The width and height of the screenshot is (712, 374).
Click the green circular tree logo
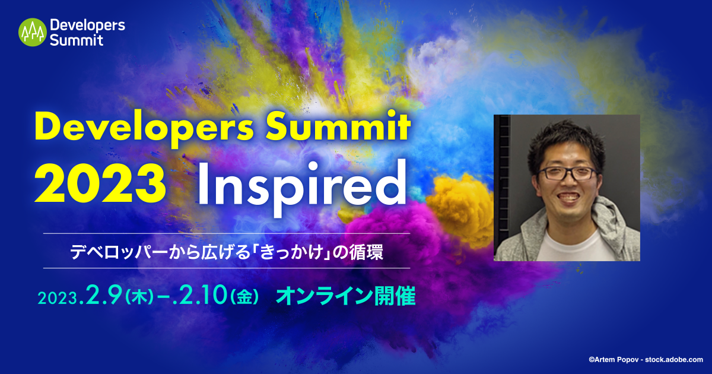pyautogui.click(x=33, y=32)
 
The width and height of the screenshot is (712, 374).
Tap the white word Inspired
pyautogui.click(x=302, y=188)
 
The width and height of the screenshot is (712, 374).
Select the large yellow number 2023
pyautogui.click(x=100, y=183)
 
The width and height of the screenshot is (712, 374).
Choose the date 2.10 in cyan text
pyautogui.click(x=199, y=295)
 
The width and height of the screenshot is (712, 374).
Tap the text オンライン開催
pyautogui.click(x=346, y=296)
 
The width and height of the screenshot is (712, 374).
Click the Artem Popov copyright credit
pyautogui.click(x=646, y=360)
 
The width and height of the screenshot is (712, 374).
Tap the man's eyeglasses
pyautogui.click(x=567, y=173)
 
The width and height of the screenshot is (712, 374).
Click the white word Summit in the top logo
pyautogui.click(x=77, y=40)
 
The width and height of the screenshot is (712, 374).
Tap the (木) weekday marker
pyautogui.click(x=139, y=298)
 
